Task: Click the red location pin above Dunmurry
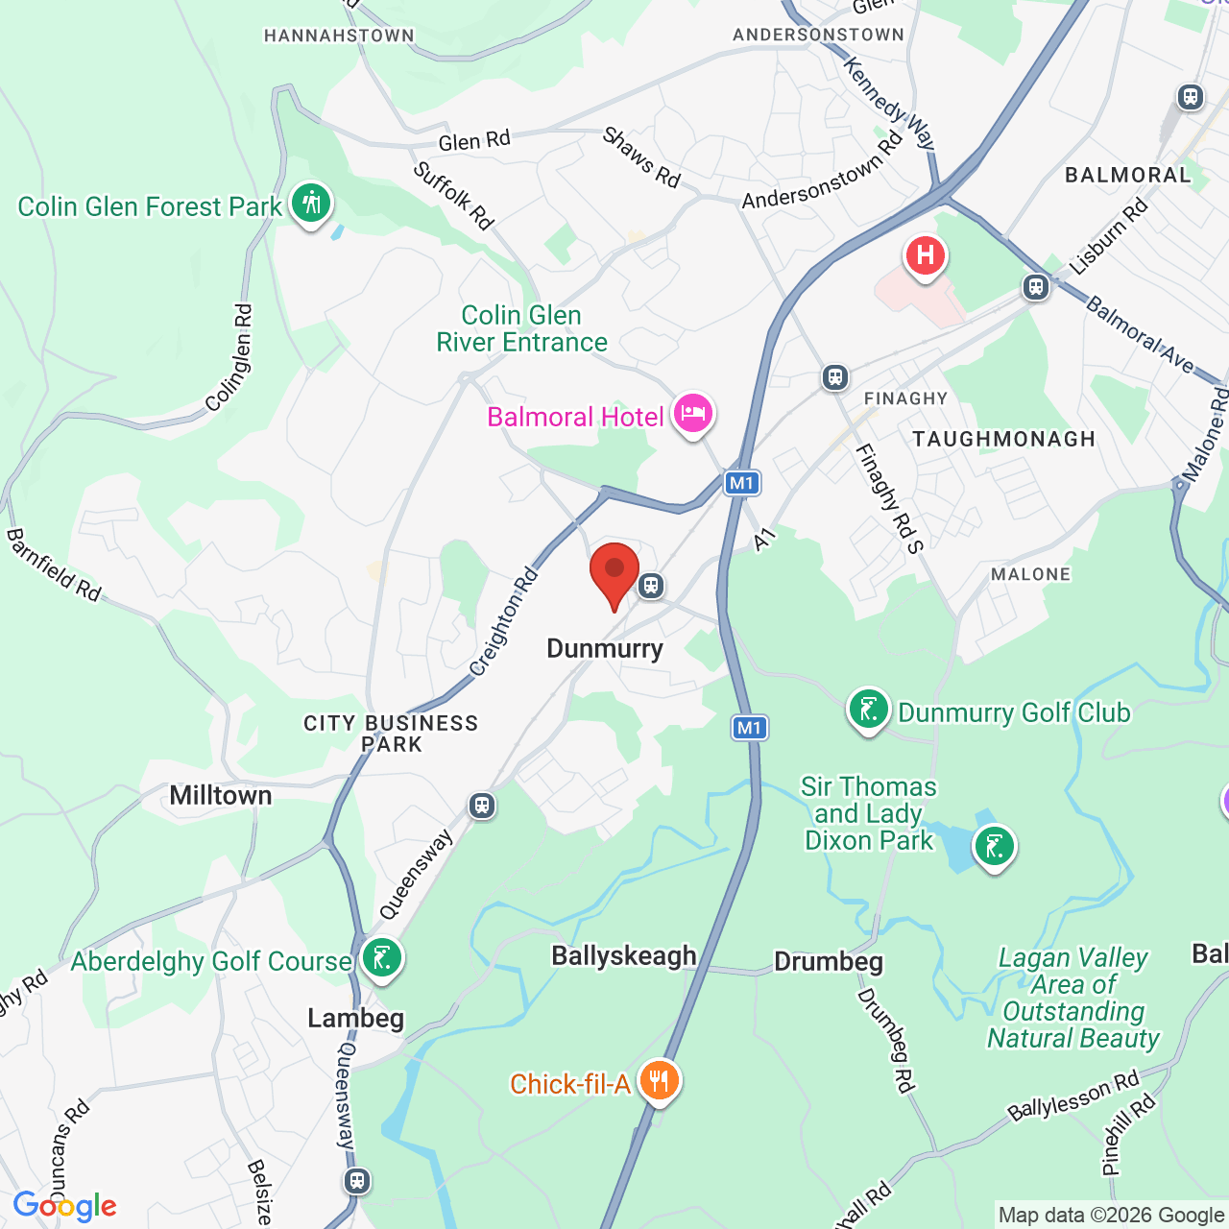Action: [x=614, y=572]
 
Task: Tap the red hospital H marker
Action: [x=926, y=256]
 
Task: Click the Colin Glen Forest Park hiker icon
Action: [x=311, y=204]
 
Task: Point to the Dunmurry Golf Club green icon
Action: [x=868, y=711]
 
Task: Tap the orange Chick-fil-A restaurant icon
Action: [x=659, y=1082]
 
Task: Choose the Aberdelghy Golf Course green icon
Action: [x=382, y=958]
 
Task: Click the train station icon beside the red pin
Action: [x=651, y=585]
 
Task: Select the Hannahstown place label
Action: [x=339, y=36]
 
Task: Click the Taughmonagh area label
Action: [x=1003, y=439]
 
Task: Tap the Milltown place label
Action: [x=221, y=795]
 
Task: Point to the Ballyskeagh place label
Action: [x=624, y=955]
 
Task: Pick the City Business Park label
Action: [x=391, y=734]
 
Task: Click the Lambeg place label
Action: [x=355, y=1018]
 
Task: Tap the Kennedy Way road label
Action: [x=888, y=102]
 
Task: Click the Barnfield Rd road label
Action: [x=54, y=565]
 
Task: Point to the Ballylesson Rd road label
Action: [x=1072, y=1096]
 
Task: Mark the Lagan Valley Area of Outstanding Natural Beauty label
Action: [x=1073, y=998]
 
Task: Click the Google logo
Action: [x=65, y=1206]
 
